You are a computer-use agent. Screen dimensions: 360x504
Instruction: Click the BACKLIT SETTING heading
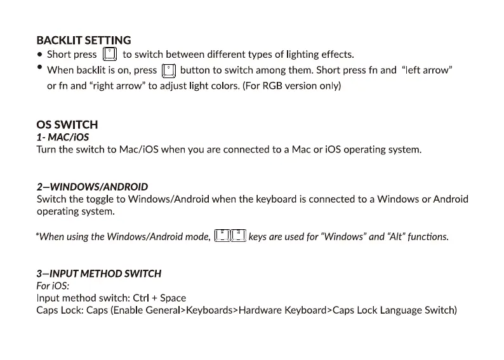(84, 40)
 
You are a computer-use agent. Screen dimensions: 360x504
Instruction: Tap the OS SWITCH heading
(67, 125)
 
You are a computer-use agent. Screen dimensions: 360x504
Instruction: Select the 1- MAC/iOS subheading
(63, 137)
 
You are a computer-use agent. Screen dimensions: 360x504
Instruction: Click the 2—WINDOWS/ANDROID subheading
(92, 187)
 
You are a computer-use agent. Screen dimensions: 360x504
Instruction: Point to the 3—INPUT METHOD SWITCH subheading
(99, 274)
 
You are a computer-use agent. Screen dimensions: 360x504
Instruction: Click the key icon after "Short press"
(110, 55)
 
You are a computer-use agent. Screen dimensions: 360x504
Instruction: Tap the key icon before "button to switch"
(168, 70)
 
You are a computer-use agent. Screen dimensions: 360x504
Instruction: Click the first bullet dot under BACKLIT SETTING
(40, 55)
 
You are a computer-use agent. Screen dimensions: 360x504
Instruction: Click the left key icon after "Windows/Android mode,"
(222, 236)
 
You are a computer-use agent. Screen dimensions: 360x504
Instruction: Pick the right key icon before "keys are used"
(238, 236)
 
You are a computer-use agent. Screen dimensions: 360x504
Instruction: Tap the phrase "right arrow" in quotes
(119, 85)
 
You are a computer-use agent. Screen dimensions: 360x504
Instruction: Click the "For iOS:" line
(53, 286)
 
